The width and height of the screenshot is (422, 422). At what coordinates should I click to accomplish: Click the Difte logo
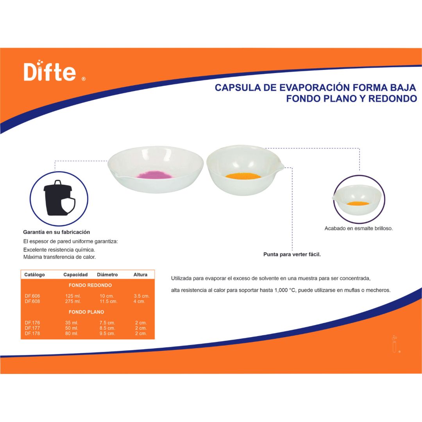[50, 72]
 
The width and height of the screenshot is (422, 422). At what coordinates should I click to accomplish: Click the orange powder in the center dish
[243, 176]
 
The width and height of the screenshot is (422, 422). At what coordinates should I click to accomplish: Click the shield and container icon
[59, 198]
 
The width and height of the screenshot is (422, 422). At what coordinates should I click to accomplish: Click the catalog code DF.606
[32, 296]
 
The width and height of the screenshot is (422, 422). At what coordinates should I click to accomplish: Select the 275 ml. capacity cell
[73, 302]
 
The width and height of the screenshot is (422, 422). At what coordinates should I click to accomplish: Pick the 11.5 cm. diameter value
[108, 302]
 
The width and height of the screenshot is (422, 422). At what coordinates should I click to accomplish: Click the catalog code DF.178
[32, 334]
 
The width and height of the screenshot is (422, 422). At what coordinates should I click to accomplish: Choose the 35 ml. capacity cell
[72, 323]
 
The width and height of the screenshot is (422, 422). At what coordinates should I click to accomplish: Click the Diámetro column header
[107, 275]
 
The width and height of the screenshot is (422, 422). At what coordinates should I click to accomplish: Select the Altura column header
[140, 275]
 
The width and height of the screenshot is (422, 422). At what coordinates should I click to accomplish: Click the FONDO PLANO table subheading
[86, 312]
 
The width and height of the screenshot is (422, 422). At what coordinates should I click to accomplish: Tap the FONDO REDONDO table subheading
[90, 285]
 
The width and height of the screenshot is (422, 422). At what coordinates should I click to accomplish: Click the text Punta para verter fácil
[292, 254]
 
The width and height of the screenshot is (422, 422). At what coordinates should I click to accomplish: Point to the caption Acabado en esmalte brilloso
[358, 229]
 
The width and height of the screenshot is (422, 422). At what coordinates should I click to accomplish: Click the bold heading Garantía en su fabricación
[57, 232]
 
